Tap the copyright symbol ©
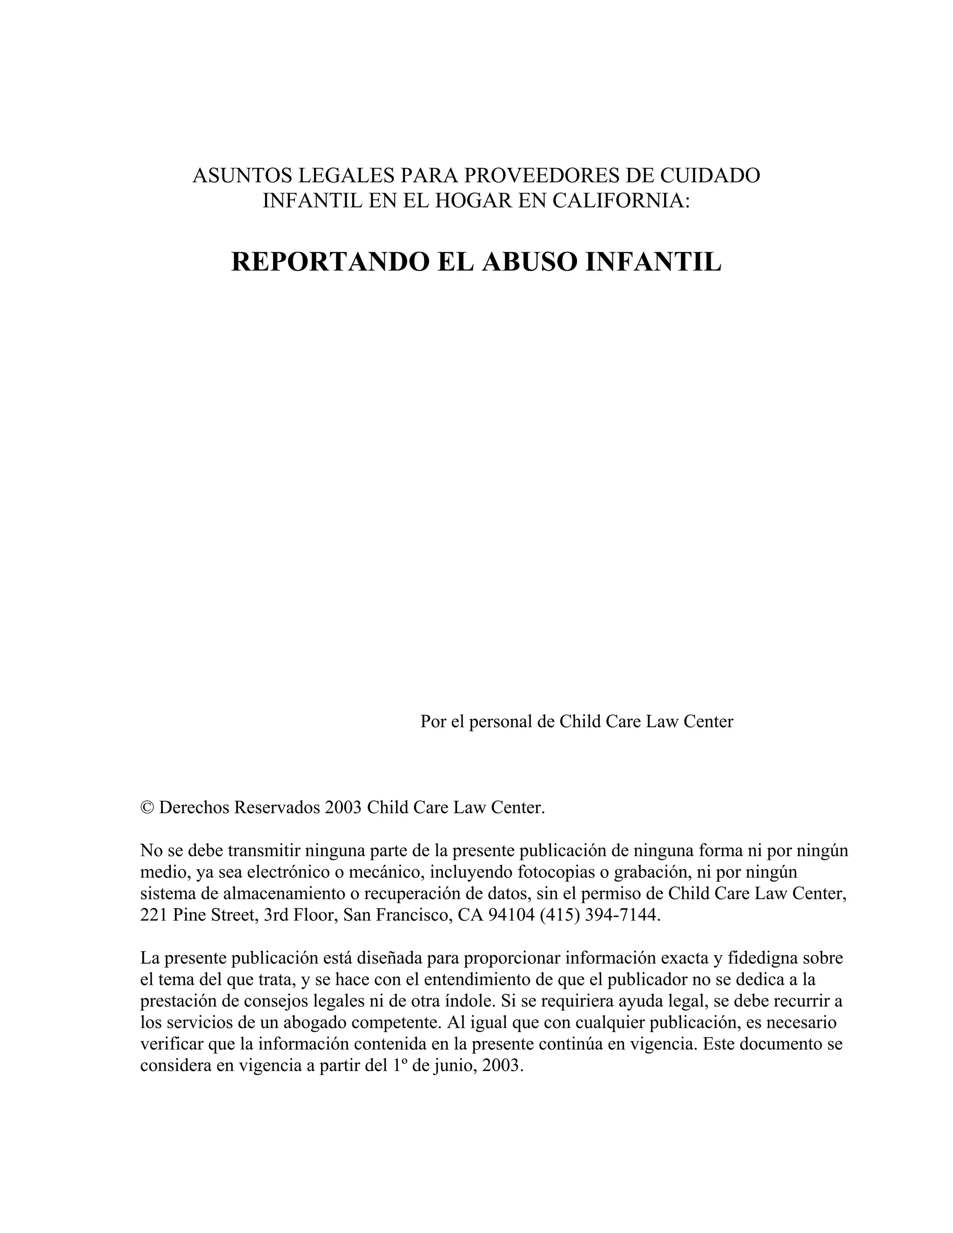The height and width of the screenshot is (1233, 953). click(147, 807)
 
